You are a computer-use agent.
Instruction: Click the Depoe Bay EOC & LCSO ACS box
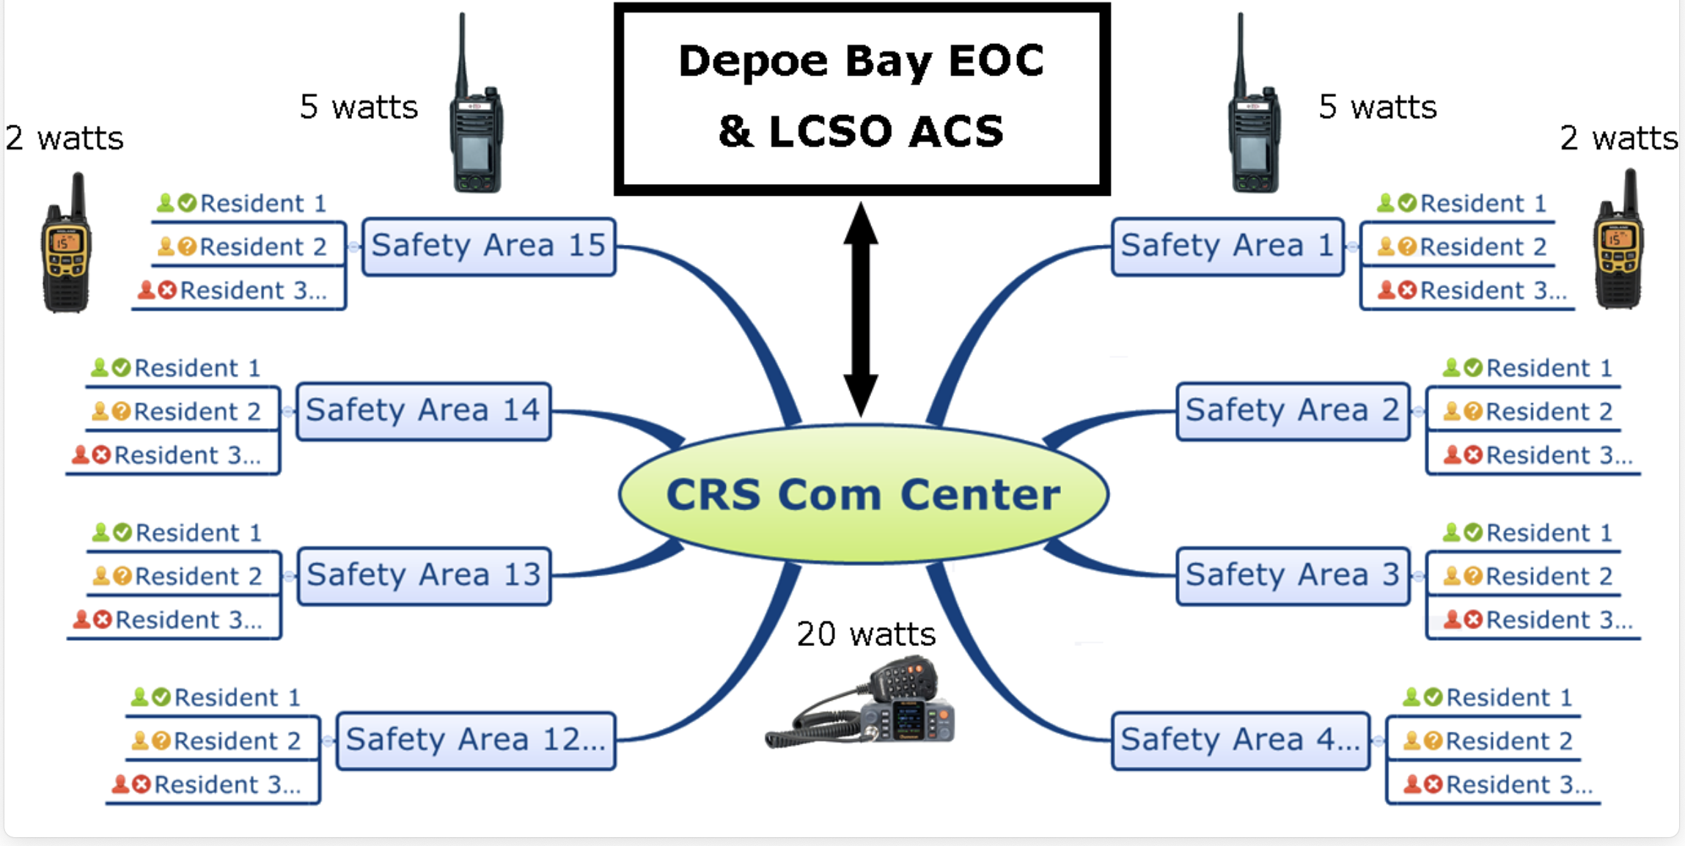pyautogui.click(x=862, y=99)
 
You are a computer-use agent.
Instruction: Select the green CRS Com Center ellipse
pyautogui.click(x=863, y=494)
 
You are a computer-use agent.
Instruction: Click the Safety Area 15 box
pyautogui.click(x=488, y=246)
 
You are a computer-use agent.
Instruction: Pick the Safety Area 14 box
pyautogui.click(x=423, y=411)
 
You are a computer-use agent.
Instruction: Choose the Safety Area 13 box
pyautogui.click(x=424, y=575)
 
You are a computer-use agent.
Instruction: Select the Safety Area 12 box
pyautogui.click(x=475, y=740)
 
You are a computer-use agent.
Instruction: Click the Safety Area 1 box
pyautogui.click(x=1227, y=246)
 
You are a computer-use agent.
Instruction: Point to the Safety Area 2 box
pyautogui.click(x=1292, y=411)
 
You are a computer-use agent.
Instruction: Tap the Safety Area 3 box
pyautogui.click(x=1292, y=575)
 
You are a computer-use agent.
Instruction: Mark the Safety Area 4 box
pyautogui.click(x=1240, y=740)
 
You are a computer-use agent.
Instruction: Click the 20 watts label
pyautogui.click(x=866, y=634)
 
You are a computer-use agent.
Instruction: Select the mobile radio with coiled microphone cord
pyautogui.click(x=865, y=707)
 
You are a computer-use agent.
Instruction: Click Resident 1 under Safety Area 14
pyautogui.click(x=197, y=368)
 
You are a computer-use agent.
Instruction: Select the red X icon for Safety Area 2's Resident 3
pyautogui.click(x=1473, y=455)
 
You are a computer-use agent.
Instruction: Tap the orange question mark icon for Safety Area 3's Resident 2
pyautogui.click(x=1473, y=576)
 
